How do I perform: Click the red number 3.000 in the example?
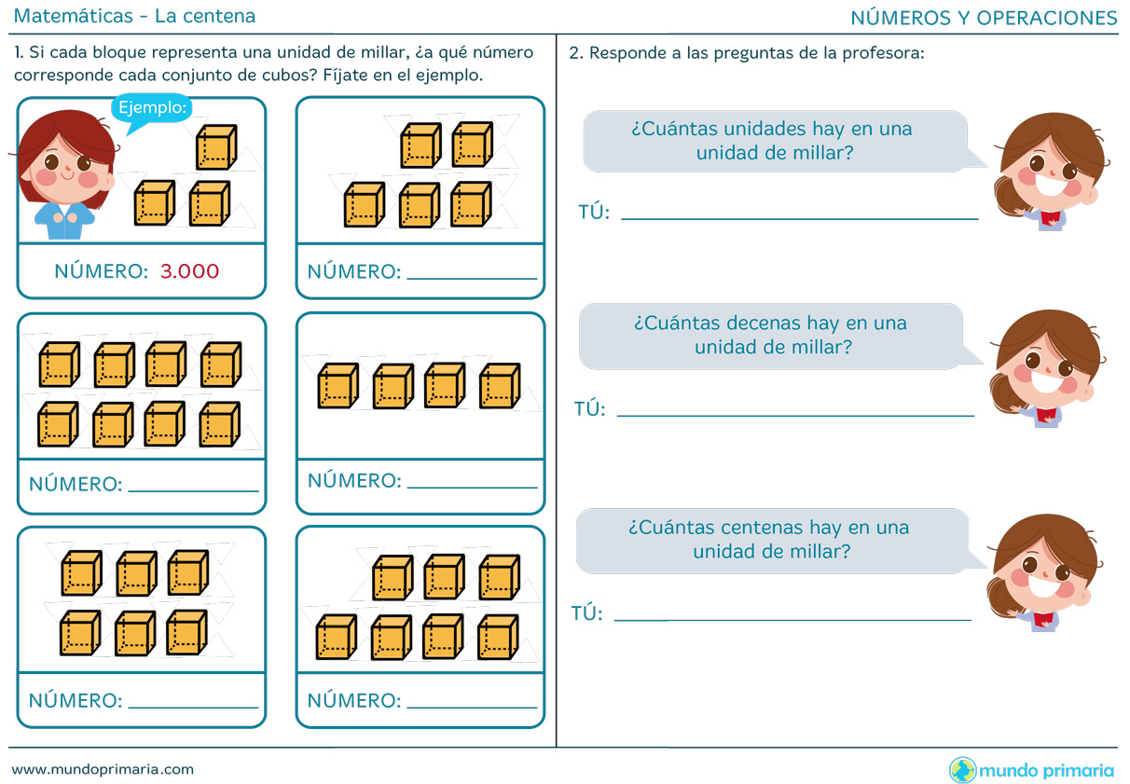click(189, 271)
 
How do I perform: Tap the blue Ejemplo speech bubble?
click(152, 108)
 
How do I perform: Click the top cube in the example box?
click(216, 147)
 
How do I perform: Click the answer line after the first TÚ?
click(799, 218)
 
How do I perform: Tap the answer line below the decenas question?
click(795, 415)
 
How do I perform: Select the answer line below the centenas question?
click(792, 619)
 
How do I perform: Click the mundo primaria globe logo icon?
click(962, 770)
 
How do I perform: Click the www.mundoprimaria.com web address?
click(103, 769)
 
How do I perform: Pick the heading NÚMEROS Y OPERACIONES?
click(984, 18)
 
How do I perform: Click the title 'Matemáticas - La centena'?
click(136, 17)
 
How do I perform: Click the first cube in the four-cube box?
click(338, 386)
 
